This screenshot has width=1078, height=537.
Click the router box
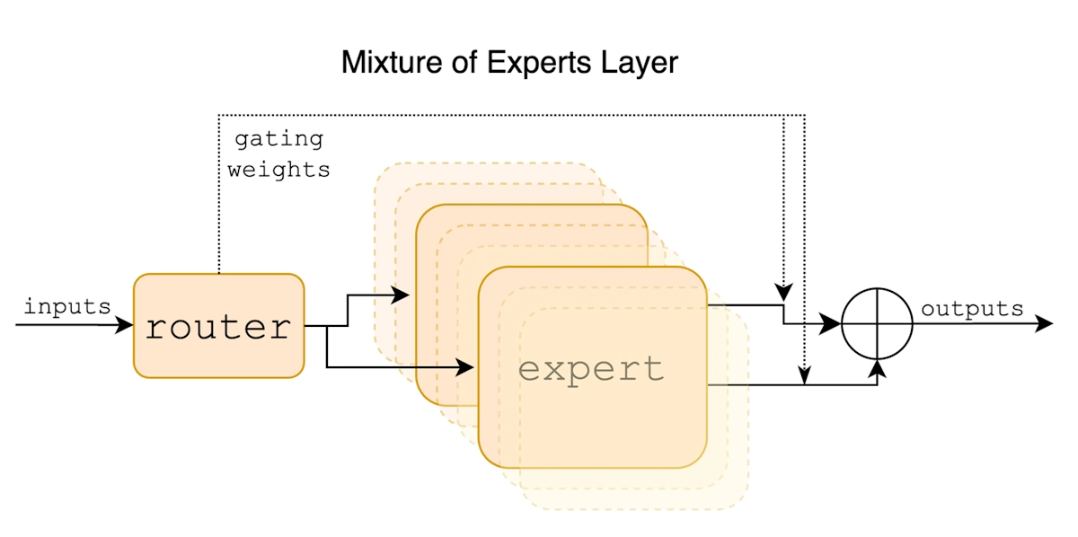pyautogui.click(x=218, y=325)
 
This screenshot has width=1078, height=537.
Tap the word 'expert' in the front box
pyautogui.click(x=591, y=368)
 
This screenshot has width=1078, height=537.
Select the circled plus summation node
pyautogui.click(x=877, y=324)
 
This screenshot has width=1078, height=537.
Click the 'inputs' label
pyautogui.click(x=66, y=306)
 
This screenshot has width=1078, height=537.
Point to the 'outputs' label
pyautogui.click(x=972, y=309)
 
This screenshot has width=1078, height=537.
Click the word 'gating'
pyautogui.click(x=278, y=139)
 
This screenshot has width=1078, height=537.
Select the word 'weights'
pyautogui.click(x=278, y=169)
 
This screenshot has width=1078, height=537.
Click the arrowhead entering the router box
pyautogui.click(x=126, y=325)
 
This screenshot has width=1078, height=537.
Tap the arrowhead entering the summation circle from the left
pyautogui.click(x=835, y=324)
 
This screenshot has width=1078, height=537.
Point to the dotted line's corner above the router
pyautogui.click(x=218, y=115)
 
